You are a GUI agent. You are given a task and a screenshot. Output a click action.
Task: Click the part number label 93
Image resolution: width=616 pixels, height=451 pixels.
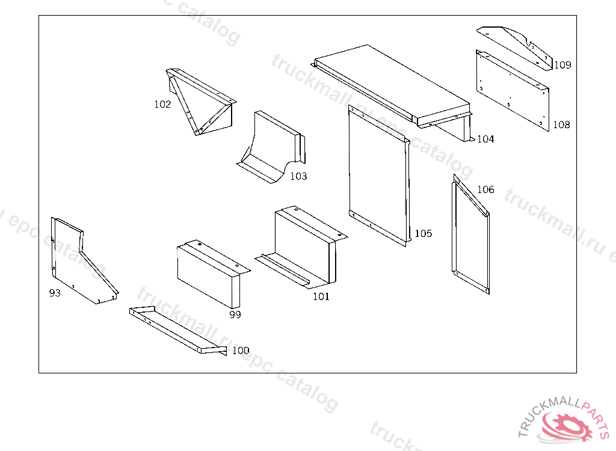coord(55,293)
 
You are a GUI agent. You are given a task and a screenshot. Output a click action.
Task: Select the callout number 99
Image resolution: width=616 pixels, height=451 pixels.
coord(235,314)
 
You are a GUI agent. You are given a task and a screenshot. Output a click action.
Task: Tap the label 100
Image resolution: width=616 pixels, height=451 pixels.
coord(241,351)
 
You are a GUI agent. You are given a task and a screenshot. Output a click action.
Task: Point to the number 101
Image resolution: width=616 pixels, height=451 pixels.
coord(321,296)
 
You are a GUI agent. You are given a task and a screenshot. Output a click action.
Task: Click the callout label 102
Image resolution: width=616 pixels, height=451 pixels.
coord(162,104)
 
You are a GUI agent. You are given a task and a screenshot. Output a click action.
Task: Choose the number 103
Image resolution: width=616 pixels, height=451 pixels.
coord(298,176)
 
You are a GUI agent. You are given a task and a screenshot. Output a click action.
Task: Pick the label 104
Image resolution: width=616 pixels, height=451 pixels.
coord(485,140)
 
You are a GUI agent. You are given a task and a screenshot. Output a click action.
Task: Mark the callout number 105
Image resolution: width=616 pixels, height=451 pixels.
coord(423,233)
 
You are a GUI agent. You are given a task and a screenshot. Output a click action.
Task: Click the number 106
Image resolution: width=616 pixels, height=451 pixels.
coord(485,190)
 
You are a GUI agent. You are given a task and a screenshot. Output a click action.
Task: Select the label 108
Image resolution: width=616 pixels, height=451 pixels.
coord(561,125)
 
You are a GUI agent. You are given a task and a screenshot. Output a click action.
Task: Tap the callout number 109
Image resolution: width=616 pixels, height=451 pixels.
coord(562,65)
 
